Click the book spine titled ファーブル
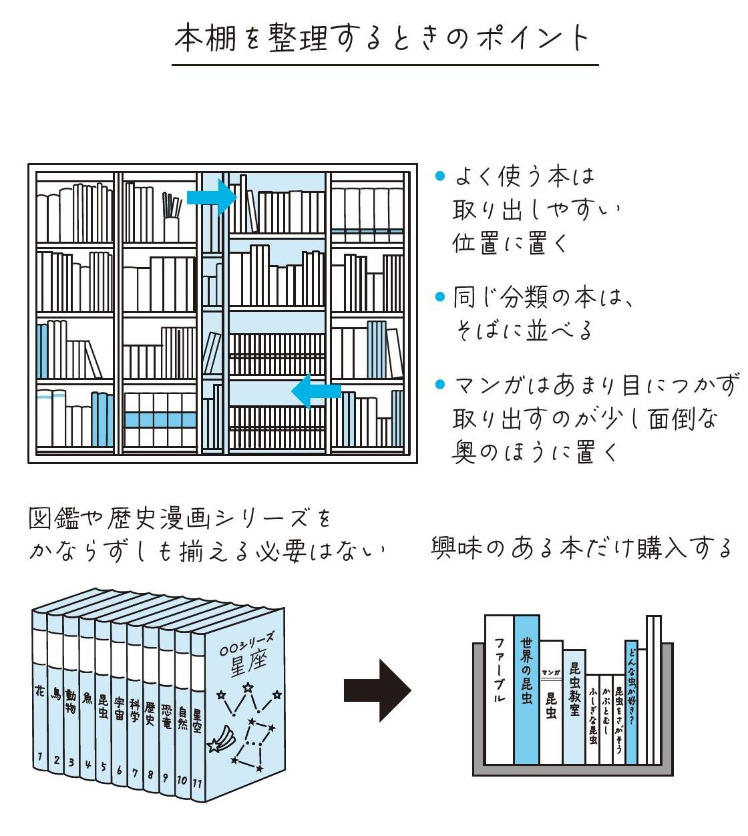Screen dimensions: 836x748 point(498,688)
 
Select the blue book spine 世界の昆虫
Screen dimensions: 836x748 point(526,688)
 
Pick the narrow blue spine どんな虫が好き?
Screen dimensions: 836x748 point(631,701)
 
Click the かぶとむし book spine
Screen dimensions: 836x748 point(606,714)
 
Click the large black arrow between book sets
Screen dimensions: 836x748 point(377,690)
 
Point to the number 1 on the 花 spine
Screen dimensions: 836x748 point(40,757)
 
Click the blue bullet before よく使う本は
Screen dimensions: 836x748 point(439,176)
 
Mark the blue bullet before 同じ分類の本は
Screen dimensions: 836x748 point(439,296)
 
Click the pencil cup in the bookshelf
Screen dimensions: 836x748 point(172,227)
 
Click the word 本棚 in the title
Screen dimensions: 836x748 point(206,38)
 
